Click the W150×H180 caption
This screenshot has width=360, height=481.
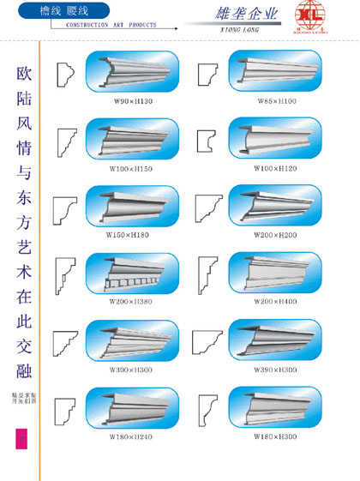click(x=130, y=234)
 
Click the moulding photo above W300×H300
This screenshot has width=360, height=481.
click(x=133, y=340)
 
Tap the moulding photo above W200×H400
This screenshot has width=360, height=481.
click(x=274, y=274)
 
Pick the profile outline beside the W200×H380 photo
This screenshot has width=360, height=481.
click(x=65, y=274)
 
